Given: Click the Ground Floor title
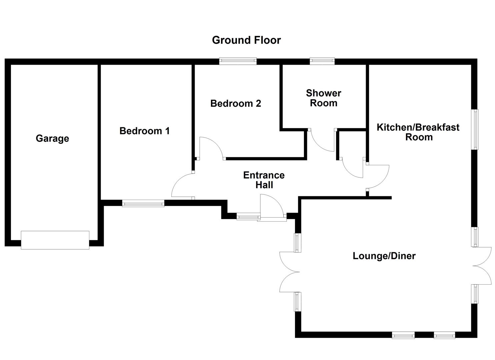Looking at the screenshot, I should [246, 40].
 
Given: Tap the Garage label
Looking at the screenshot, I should [52, 138].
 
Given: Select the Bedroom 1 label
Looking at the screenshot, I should [145, 131].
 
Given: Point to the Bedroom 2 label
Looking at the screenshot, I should [236, 103].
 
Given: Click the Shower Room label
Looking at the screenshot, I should [323, 98].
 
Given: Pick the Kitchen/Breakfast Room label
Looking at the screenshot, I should [418, 132].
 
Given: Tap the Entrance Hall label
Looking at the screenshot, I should [264, 180].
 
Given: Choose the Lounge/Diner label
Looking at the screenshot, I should [384, 256].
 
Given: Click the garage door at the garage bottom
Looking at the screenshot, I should [55, 240].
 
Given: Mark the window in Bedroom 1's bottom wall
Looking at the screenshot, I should [143, 203].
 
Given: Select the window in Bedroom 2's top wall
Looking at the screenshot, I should [238, 61].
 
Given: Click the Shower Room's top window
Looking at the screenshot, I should [322, 61].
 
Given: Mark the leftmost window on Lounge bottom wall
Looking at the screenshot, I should [403, 335].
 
